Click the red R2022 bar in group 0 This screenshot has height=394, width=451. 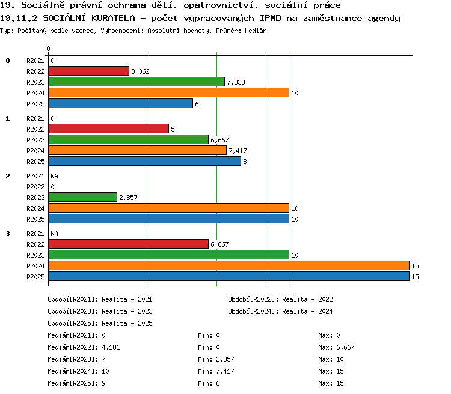[x=89, y=71]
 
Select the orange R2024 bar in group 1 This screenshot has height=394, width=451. [x=138, y=150]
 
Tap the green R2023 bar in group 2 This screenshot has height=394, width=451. [x=83, y=197]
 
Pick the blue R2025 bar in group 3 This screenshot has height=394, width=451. [x=229, y=276]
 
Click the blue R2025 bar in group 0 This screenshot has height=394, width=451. [x=121, y=103]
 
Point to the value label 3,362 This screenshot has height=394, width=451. [x=140, y=71]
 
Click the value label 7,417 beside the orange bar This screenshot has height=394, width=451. [x=238, y=151]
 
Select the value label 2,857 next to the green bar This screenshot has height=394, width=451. [x=128, y=198]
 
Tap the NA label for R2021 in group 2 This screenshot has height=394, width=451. [x=54, y=176]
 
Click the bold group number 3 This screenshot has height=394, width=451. [x=8, y=234]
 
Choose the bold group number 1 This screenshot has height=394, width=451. [x=8, y=118]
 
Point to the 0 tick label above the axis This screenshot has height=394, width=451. [x=48, y=49]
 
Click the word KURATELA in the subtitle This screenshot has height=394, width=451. [x=113, y=18]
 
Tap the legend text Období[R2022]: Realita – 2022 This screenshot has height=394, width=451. [x=280, y=299]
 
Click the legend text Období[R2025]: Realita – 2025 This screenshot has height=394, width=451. [x=100, y=323]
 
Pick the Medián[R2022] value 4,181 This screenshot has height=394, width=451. [x=111, y=347]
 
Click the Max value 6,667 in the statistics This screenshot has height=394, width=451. [x=345, y=347]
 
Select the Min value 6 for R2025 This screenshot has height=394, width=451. [x=218, y=383]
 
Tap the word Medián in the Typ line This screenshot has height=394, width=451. [x=256, y=31]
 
